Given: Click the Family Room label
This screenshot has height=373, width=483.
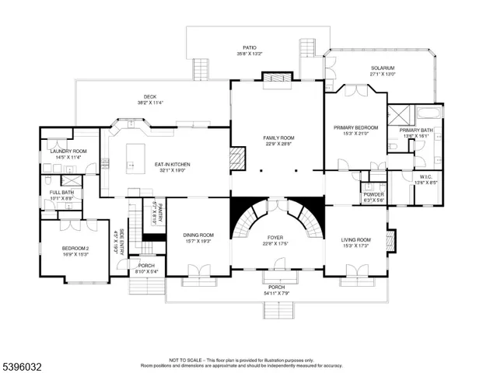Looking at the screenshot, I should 278,138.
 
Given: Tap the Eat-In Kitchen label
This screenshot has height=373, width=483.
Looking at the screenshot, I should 172,164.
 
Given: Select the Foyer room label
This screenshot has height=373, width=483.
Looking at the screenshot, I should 275,237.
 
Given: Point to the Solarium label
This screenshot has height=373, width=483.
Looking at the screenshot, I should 382,68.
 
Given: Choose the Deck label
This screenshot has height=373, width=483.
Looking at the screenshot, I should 149,97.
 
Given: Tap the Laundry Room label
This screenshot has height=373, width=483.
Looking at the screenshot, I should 68,151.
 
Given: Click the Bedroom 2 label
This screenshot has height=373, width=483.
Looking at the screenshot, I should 76,249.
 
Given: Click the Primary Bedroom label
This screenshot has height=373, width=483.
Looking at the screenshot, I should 355,127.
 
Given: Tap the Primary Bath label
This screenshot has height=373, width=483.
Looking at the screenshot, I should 416,131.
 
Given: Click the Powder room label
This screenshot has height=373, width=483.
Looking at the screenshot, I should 373,195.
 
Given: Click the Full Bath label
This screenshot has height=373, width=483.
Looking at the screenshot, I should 61,192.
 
